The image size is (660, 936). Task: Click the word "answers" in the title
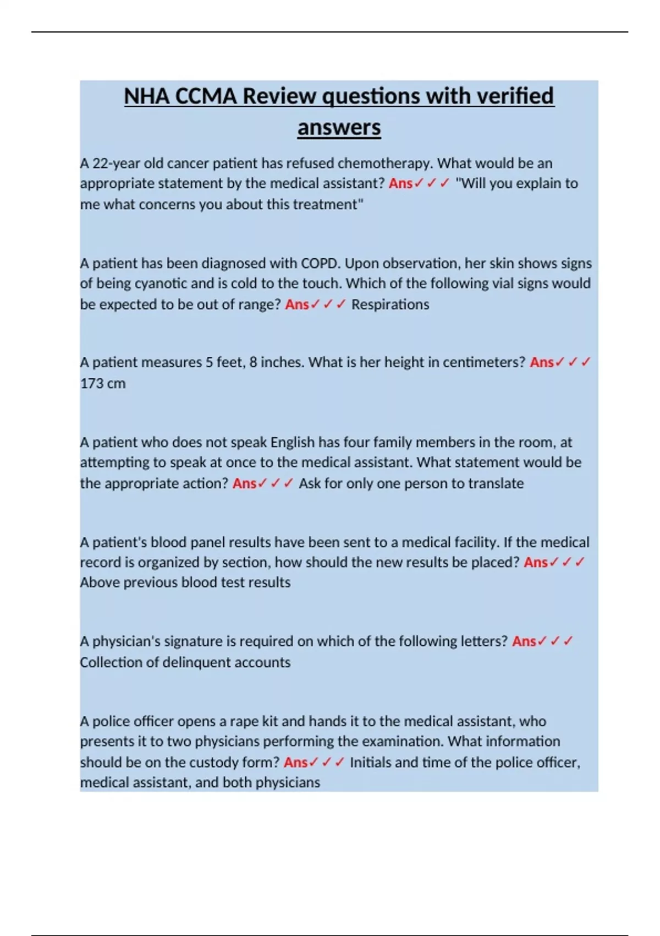pos(339,128)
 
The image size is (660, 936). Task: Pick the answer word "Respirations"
pos(390,304)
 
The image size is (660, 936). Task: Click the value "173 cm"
pos(103,383)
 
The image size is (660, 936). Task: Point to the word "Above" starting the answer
pos(100,583)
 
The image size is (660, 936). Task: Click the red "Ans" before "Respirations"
pos(297,304)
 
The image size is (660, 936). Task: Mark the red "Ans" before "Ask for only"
pos(245,483)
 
